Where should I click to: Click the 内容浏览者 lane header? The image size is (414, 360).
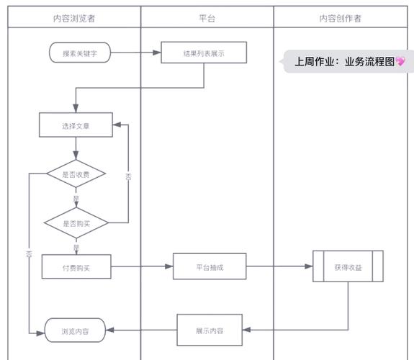click(x=74, y=18)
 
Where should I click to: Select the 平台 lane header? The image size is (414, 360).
click(x=207, y=18)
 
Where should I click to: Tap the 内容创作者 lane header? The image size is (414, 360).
click(x=341, y=18)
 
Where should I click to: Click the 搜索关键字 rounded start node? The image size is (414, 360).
click(x=81, y=53)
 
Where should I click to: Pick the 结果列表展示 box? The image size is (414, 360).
click(x=204, y=53)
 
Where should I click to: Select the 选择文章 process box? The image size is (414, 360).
click(x=76, y=125)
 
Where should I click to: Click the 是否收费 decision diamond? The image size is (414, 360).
click(x=76, y=174)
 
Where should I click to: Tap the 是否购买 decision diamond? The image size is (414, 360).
click(x=76, y=223)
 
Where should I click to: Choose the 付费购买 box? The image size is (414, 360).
click(x=76, y=267)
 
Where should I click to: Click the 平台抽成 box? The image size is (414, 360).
click(x=210, y=266)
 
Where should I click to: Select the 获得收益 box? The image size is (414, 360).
click(x=348, y=266)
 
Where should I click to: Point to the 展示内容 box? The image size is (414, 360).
click(x=210, y=330)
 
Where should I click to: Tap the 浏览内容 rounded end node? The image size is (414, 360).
click(x=76, y=330)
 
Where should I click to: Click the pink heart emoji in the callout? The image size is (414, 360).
click(x=400, y=62)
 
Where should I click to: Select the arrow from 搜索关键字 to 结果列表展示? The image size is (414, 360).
click(x=137, y=53)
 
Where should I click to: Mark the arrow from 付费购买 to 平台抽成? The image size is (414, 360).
click(x=142, y=266)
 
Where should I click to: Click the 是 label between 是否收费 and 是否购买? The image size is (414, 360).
click(x=76, y=199)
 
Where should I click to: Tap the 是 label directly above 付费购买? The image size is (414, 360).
click(x=76, y=247)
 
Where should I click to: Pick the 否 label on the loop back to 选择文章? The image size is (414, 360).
click(x=128, y=176)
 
